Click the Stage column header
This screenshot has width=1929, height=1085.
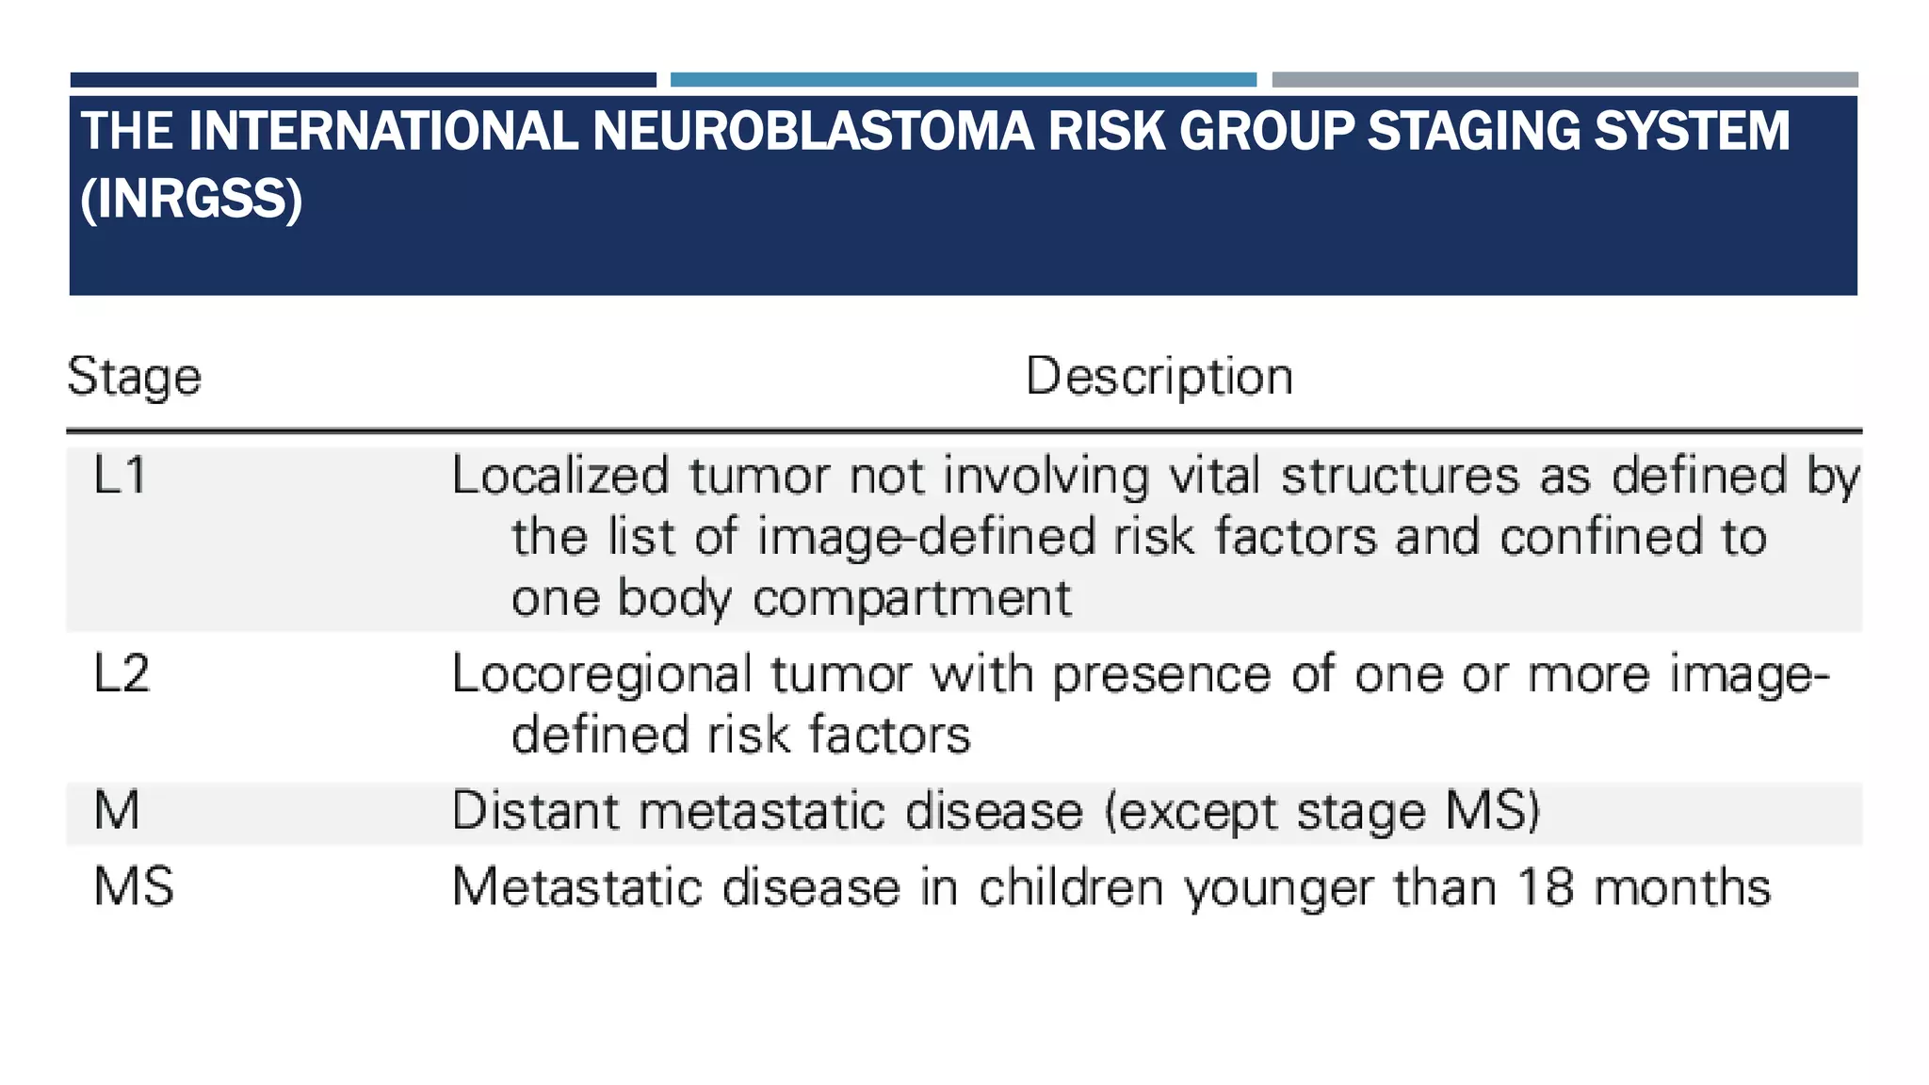pyautogui.click(x=134, y=377)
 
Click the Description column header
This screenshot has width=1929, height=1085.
pyautogui.click(x=1159, y=377)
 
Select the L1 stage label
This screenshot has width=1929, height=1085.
pyautogui.click(x=121, y=475)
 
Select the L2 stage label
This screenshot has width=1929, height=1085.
pyautogui.click(x=122, y=674)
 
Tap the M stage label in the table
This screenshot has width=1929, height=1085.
pyautogui.click(x=117, y=811)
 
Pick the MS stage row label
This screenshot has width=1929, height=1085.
pyautogui.click(x=134, y=887)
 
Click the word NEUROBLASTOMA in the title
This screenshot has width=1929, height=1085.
pyautogui.click(x=813, y=131)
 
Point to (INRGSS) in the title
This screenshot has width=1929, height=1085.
pyautogui.click(x=191, y=199)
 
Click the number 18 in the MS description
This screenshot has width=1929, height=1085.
pyautogui.click(x=1546, y=887)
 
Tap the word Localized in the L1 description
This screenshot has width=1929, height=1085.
pyautogui.click(x=560, y=476)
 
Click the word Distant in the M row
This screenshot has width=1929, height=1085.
pyautogui.click(x=534, y=811)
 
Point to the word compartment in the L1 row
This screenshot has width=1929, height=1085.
pyautogui.click(x=912, y=598)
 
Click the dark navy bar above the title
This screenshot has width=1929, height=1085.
pyautogui.click(x=363, y=80)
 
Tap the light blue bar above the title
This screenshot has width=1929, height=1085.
pyautogui.click(x=963, y=80)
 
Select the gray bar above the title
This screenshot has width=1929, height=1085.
pyautogui.click(x=1564, y=80)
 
